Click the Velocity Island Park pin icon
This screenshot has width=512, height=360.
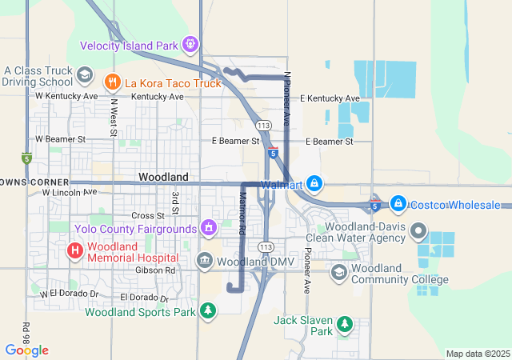point(190,44)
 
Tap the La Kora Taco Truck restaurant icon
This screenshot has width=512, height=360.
point(112,81)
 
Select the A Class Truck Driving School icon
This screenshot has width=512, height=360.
point(83,74)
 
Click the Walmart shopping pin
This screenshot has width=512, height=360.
point(315,184)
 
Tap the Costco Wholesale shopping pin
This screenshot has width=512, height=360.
point(398,205)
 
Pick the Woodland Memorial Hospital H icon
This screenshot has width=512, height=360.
point(74,250)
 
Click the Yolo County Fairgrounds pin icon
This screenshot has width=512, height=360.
point(209,229)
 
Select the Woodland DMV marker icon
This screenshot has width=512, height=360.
point(205,261)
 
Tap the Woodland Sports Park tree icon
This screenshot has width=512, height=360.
point(208,310)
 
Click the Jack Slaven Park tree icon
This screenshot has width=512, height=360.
point(344,324)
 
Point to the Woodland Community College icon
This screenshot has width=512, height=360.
point(338,274)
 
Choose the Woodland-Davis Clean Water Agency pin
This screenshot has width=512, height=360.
point(418,232)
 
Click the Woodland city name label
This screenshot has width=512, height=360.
point(163,176)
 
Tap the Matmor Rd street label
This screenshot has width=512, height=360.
point(241,217)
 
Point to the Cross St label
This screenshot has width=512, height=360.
point(147,215)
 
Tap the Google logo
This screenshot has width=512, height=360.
point(26,350)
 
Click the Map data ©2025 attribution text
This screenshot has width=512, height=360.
point(477,354)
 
